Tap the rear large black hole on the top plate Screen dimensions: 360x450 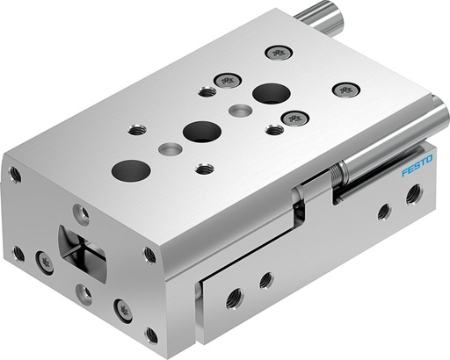pyautogui.click(x=272, y=92)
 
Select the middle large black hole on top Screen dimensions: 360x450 pyautogui.click(x=201, y=132)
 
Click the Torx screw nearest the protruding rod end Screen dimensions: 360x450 pyautogui.click(x=279, y=52)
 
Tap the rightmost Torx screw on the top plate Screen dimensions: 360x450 pyautogui.click(x=346, y=89)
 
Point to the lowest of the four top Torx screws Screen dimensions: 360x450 pyautogui.click(x=294, y=118)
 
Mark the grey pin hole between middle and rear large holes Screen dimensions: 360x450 pyautogui.click(x=239, y=112)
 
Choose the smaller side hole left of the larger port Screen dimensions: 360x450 pyautogui.click(x=384, y=211)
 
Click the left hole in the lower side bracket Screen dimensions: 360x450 pyautogui.click(x=234, y=297)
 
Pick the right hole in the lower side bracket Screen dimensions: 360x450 pyautogui.click(x=265, y=280)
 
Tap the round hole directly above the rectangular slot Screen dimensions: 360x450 pyautogui.click(x=80, y=212)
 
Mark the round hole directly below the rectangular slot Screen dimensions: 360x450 pyautogui.click(x=83, y=292)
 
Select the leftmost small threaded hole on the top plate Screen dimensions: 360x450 pyautogui.click(x=136, y=129)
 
